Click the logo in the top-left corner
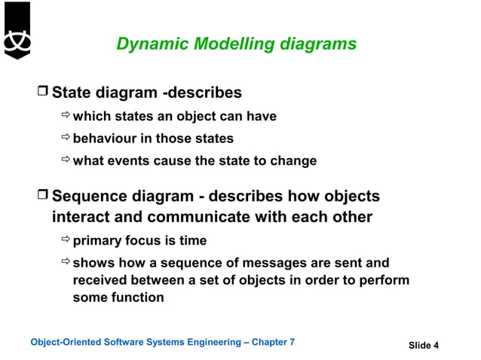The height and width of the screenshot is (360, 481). pos(17,30)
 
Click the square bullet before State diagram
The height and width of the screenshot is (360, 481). pos(42,93)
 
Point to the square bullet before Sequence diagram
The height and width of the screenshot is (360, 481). pos(42,197)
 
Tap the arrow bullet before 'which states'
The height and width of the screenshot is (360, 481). pos(65,116)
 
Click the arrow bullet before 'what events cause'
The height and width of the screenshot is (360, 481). pos(65,160)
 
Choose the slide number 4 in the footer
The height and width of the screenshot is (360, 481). pos(436,346)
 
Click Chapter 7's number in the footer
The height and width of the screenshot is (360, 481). pos(292,343)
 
